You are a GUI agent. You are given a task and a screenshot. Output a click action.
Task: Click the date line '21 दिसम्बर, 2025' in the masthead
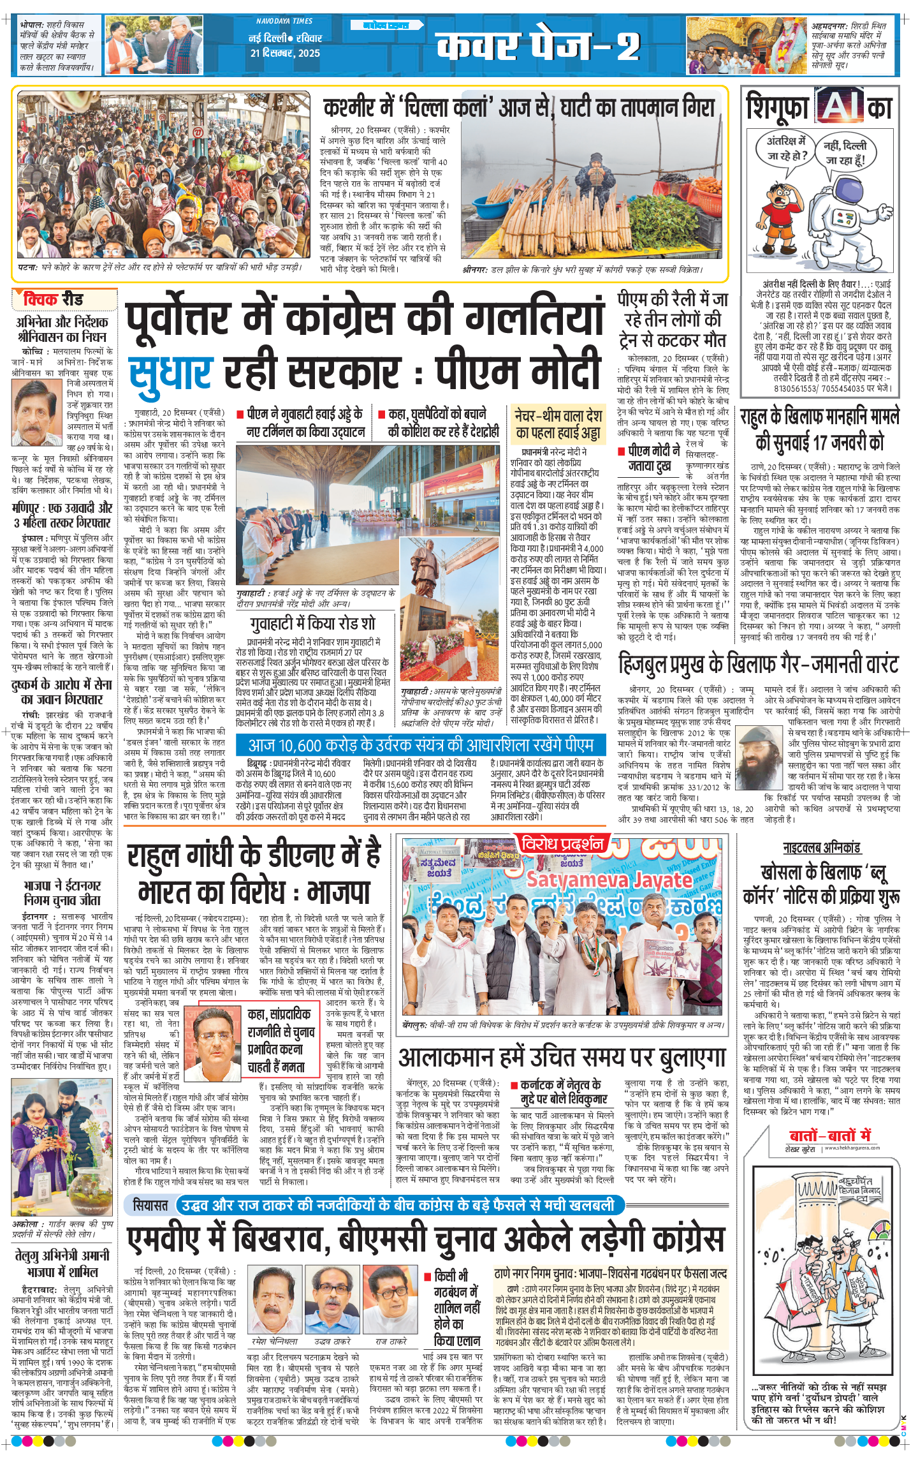click(285, 53)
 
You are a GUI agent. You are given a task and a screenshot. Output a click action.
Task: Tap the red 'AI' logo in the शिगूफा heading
click(840, 106)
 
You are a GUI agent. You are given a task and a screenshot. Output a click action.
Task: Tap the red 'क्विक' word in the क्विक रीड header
click(41, 299)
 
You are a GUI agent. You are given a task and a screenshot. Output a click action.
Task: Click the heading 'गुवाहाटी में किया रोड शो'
click(312, 623)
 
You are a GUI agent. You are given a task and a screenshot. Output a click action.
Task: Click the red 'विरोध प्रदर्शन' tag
click(562, 845)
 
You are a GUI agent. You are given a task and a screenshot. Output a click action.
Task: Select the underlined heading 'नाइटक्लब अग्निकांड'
click(822, 848)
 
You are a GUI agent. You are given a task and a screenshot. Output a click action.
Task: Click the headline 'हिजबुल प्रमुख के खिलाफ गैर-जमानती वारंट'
click(758, 664)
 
